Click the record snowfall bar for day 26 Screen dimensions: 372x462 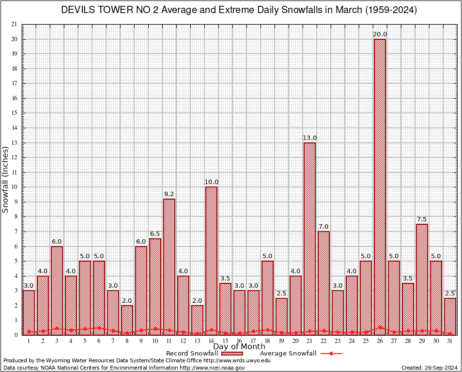(380, 186)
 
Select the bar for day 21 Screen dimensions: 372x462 (309, 238)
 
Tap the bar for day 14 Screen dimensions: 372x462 (211, 261)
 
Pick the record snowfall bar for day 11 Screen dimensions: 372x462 (169, 266)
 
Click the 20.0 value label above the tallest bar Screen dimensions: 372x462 (380, 34)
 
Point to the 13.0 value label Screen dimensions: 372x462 (309, 138)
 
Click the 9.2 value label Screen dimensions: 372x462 (169, 194)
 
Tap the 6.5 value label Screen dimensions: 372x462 (155, 234)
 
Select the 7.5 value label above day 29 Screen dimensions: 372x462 (422, 219)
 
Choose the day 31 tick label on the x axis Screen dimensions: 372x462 (450, 341)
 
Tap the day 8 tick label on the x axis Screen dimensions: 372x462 (127, 341)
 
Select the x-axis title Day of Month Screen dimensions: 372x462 (239, 347)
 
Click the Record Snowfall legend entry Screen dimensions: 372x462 (191, 354)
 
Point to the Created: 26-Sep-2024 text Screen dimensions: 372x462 (429, 368)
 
